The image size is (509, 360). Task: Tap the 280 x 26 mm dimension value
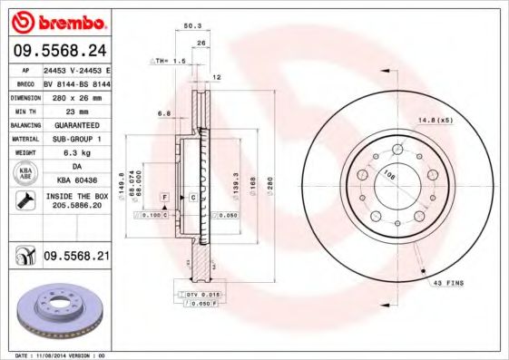point(75,96)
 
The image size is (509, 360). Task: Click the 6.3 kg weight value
point(75,153)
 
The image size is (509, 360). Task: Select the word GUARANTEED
point(75,124)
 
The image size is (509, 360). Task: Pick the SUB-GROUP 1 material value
point(75,139)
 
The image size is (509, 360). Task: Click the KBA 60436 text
point(75,181)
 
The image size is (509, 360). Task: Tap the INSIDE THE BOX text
point(75,196)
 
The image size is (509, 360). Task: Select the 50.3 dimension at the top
point(191,27)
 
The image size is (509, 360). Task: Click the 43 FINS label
point(448,283)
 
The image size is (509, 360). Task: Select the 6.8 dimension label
point(164,113)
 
